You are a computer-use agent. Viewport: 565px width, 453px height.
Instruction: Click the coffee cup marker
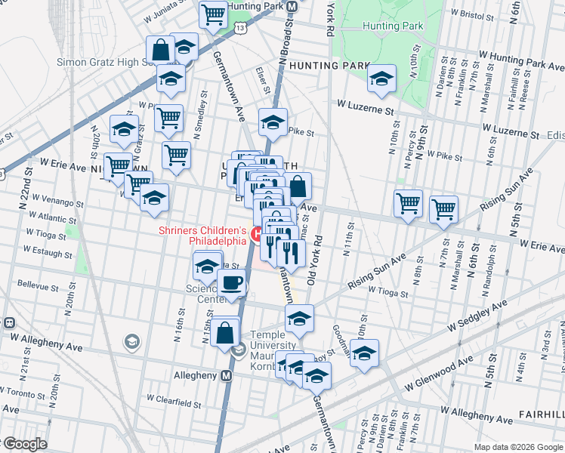232,283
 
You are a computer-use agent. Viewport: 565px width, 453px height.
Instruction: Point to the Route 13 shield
240,27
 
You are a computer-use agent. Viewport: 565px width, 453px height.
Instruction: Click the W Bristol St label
477,13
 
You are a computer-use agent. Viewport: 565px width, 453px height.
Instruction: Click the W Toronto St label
26,393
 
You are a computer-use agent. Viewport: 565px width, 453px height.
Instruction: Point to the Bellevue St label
38,287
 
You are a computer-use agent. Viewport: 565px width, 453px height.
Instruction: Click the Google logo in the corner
25,444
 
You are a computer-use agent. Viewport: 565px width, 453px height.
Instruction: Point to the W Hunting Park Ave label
522,61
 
